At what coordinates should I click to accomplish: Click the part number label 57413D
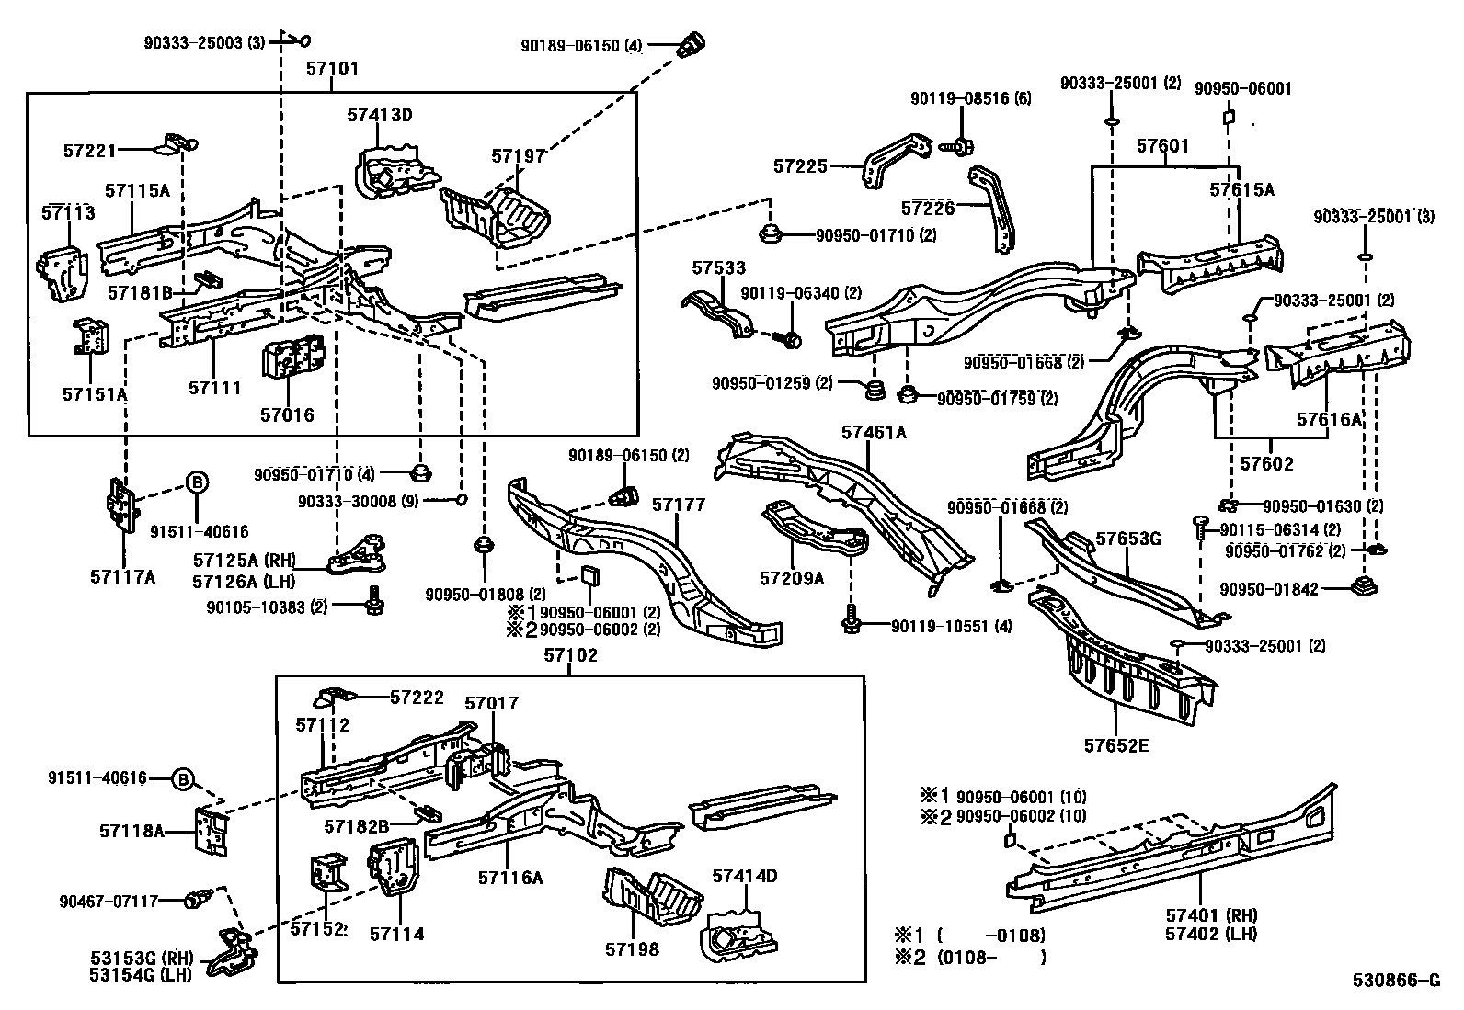(x=379, y=115)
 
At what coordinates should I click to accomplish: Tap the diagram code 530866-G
(x=1395, y=982)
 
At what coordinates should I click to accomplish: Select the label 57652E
(x=1115, y=744)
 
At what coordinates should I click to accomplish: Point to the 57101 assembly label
(x=332, y=69)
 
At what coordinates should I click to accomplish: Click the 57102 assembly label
(x=570, y=655)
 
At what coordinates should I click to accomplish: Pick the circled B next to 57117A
(x=197, y=481)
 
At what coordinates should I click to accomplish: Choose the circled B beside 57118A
(x=184, y=780)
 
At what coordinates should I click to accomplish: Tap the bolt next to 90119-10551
(x=850, y=625)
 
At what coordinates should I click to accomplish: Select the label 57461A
(x=874, y=431)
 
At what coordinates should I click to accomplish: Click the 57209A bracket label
(x=792, y=577)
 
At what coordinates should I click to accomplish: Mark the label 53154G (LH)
(x=141, y=975)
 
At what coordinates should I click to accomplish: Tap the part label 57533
(x=719, y=268)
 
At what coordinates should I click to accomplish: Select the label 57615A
(x=1241, y=189)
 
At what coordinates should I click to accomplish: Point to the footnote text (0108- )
(x=990, y=957)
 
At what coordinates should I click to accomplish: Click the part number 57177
(x=678, y=504)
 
